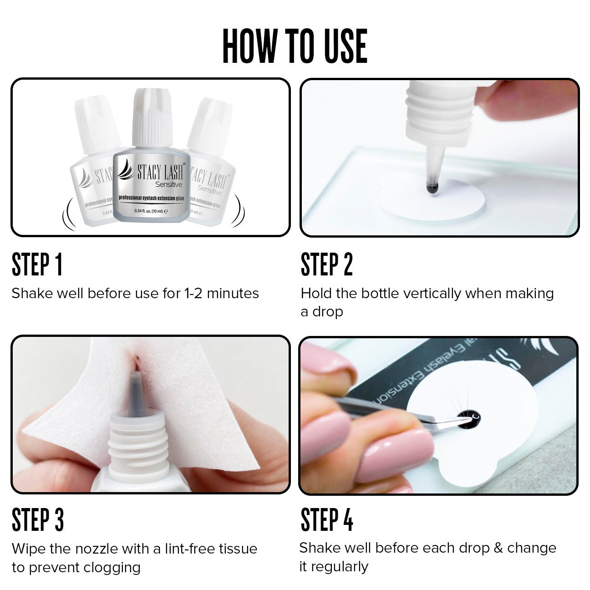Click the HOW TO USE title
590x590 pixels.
295,46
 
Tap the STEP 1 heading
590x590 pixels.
37,265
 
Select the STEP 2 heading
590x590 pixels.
326,265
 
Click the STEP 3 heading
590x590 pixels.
38,520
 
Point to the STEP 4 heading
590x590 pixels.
326,520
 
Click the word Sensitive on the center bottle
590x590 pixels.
168,184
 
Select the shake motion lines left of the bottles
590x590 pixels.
68,214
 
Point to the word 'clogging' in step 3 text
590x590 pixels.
116,568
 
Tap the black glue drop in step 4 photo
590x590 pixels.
467,418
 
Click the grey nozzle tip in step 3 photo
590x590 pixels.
136,389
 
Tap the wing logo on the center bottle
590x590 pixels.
126,171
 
